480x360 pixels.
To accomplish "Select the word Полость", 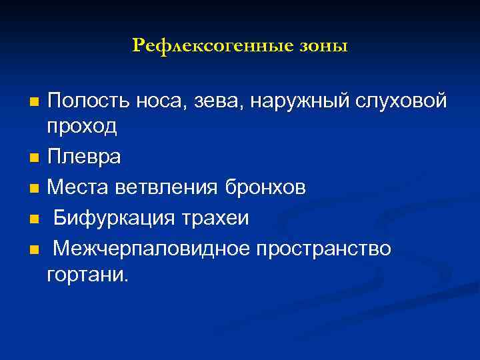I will [x=89, y=101].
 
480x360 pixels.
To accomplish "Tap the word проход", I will [x=83, y=127].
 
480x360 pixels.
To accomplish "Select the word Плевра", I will [x=85, y=157].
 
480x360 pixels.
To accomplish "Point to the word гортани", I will [x=86, y=274].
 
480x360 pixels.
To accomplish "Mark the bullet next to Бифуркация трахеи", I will [x=34, y=219].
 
